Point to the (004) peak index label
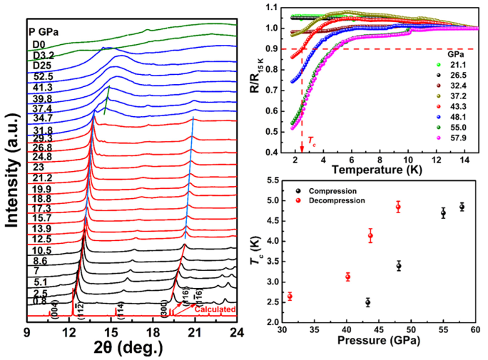pos(50,302)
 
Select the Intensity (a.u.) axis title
pos(12,173)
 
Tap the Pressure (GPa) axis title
pos(378,342)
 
